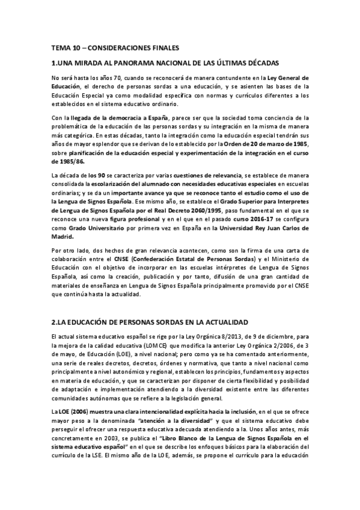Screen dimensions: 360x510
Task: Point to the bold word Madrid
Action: pos(64,237)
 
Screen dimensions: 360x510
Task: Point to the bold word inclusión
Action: pos(217,410)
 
